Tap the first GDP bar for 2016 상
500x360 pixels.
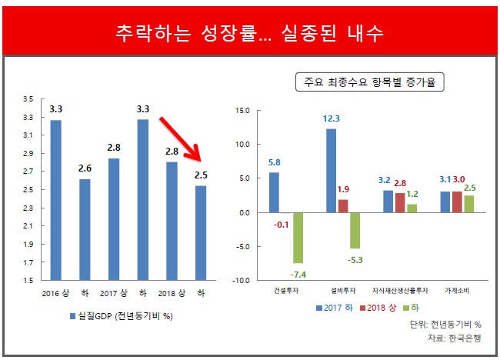56,200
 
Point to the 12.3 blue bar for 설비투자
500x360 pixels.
331,170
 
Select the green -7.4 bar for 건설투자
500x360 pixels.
297,238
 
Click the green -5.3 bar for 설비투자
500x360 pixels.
355,230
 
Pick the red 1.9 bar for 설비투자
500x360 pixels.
343,205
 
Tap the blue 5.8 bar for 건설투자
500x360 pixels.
274,192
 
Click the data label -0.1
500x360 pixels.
282,225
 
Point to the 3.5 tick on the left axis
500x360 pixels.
28,99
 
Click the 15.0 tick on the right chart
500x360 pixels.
242,111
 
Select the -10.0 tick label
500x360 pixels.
240,281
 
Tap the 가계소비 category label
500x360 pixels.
457,291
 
